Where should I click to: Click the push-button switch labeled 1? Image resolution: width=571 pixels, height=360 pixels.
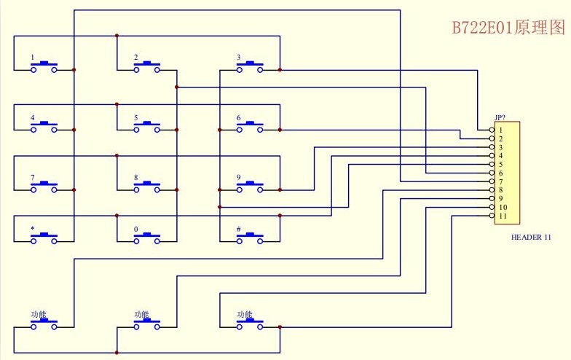click(44, 67)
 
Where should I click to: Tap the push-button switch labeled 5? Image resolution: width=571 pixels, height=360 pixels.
click(147, 127)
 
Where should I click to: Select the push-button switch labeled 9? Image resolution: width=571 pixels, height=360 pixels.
click(249, 187)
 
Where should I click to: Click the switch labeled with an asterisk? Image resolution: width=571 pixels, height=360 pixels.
click(44, 238)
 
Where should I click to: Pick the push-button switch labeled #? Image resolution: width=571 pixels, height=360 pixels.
click(249, 238)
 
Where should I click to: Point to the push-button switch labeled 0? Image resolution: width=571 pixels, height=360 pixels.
click(147, 238)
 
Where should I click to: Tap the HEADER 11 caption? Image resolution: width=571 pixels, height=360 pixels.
click(531, 238)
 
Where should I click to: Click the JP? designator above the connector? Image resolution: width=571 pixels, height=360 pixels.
click(500, 118)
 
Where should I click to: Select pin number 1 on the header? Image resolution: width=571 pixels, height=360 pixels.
click(501, 130)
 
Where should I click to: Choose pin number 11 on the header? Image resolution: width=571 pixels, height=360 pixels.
click(503, 216)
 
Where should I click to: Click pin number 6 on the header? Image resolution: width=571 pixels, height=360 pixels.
click(501, 173)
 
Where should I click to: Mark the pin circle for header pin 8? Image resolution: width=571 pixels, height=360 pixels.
click(492, 189)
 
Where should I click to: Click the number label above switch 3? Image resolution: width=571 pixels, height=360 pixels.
click(239, 57)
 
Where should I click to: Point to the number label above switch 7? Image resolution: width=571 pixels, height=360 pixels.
click(33, 178)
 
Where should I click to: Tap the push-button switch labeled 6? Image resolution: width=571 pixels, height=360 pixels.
click(249, 127)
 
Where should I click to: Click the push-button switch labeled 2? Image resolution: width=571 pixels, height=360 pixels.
click(147, 67)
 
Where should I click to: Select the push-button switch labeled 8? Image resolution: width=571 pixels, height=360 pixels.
click(147, 187)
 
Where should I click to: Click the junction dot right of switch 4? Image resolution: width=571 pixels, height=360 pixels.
click(74, 130)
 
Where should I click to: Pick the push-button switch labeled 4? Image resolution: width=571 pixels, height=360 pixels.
click(44, 127)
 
